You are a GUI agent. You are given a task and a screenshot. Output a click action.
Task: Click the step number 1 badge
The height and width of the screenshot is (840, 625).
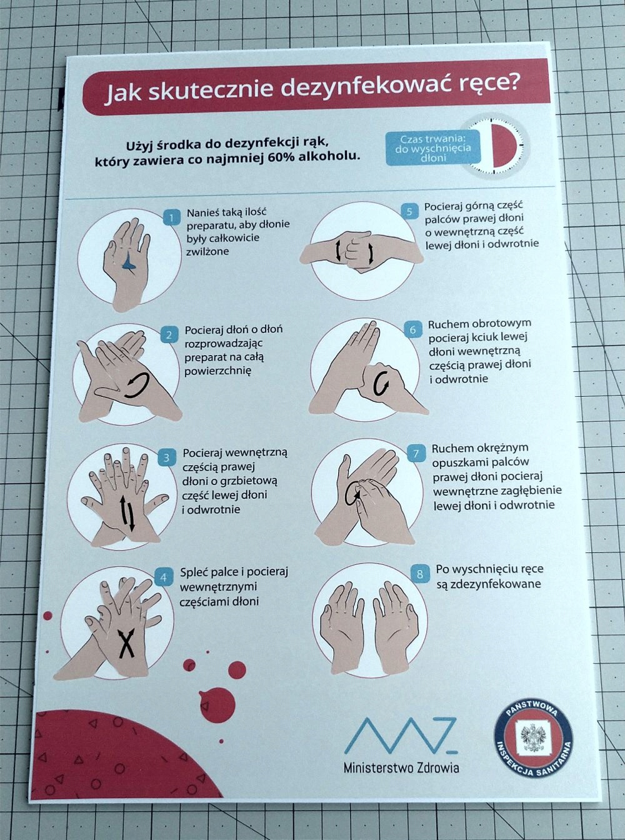pyautogui.click(x=172, y=217)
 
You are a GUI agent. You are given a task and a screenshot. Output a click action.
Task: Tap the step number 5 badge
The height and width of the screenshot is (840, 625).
pyautogui.click(x=409, y=212)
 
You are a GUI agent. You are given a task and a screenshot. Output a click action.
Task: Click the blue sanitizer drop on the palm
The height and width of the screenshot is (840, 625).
pyautogui.click(x=128, y=261)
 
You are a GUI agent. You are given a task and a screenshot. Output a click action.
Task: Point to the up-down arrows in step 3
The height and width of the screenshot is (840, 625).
pyautogui.click(x=127, y=513)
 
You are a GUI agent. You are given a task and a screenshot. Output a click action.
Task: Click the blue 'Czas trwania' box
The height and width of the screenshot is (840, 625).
pyautogui.click(x=433, y=147)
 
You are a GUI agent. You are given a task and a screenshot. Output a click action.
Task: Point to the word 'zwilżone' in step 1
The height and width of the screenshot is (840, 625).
pyautogui.click(x=207, y=252)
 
